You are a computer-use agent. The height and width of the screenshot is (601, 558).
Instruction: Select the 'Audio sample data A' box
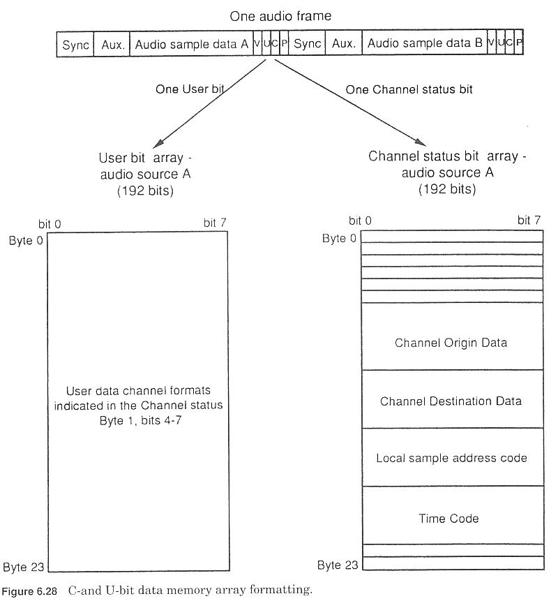191,44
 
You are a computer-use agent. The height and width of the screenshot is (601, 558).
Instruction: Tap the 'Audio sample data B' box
425,44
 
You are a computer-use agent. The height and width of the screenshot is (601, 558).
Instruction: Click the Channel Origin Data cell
451,343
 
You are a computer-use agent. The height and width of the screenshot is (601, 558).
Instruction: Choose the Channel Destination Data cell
451,401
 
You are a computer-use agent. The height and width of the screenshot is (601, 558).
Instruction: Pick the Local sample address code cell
451,459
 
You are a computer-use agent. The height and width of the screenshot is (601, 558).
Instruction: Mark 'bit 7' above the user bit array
215,223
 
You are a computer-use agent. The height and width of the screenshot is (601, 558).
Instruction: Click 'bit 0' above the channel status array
360,221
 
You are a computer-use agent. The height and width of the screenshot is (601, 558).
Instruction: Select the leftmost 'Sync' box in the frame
75,44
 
